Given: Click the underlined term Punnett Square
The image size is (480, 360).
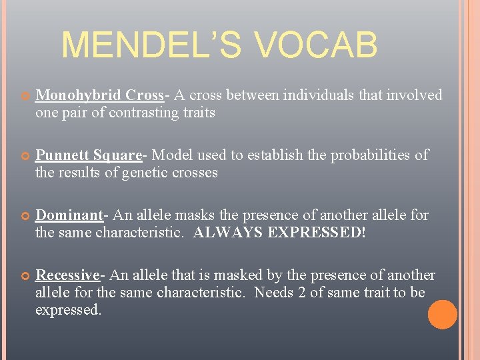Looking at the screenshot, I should (x=89, y=155).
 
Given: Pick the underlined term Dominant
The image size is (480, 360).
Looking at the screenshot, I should (x=69, y=215).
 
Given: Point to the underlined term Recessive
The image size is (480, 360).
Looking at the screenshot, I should (x=67, y=275).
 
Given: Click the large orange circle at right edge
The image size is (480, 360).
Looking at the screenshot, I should (x=442, y=315).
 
